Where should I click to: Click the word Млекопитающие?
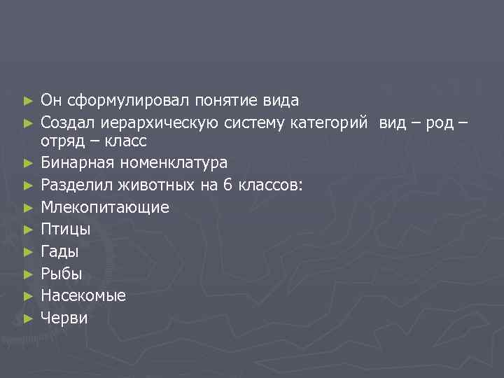[x=105, y=207]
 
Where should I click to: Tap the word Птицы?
[x=66, y=230]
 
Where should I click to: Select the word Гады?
[x=59, y=251]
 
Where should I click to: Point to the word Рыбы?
[x=61, y=274]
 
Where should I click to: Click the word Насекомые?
[x=83, y=295]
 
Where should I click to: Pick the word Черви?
[x=64, y=318]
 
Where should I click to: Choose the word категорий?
[x=327, y=123]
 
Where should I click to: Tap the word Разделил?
[x=73, y=185]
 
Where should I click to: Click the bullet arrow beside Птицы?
[x=27, y=230]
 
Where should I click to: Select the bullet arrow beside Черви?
[x=27, y=318]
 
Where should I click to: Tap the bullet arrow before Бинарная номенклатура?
[x=27, y=163]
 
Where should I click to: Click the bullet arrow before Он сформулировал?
[x=27, y=101]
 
